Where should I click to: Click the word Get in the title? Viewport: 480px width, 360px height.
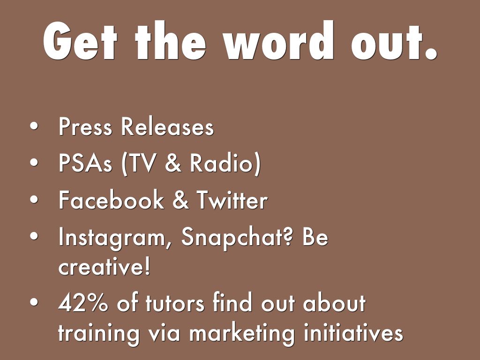(80, 41)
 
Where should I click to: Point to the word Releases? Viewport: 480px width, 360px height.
(167, 127)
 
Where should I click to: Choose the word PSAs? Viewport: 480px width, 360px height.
(85, 163)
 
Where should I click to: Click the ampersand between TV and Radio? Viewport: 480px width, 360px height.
(173, 163)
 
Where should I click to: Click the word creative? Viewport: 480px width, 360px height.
(104, 266)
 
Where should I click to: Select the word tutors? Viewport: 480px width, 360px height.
(175, 304)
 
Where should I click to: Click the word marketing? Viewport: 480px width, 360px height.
(242, 334)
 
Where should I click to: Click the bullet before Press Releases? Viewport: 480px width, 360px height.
(34, 127)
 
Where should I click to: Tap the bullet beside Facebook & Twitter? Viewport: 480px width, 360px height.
(34, 200)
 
